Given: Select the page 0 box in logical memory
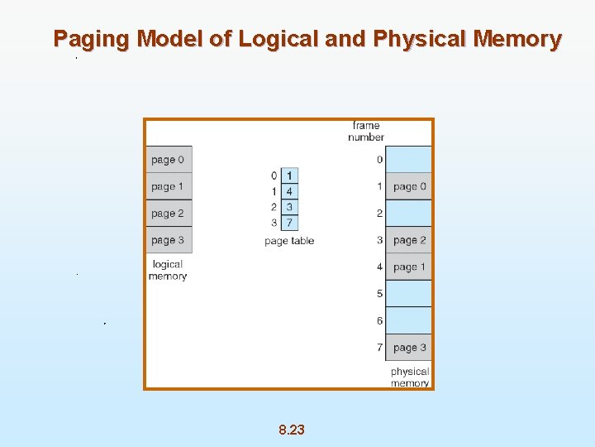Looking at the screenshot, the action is (169, 160).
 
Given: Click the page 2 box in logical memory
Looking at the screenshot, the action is (169, 213).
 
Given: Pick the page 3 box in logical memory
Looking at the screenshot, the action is (169, 240).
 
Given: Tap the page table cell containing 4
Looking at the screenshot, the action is (289, 191).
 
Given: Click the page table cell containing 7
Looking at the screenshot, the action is (289, 223).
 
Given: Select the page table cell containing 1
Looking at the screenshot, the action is (289, 175).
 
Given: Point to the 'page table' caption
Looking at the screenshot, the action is (289, 241).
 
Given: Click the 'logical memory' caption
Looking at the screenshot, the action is (168, 270).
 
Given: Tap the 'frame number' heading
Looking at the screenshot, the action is (366, 131).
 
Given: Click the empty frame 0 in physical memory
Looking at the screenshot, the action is (409, 160).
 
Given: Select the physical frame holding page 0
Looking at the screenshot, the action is (409, 186).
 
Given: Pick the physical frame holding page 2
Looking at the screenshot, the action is (409, 240).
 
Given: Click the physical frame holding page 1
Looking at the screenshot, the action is (409, 267).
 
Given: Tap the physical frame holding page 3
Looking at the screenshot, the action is (409, 348).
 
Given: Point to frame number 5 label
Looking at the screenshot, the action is (379, 294).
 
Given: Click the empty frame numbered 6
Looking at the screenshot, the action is (409, 320).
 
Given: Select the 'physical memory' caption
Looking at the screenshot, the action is (410, 377).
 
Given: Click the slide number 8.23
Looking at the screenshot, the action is (292, 430).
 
